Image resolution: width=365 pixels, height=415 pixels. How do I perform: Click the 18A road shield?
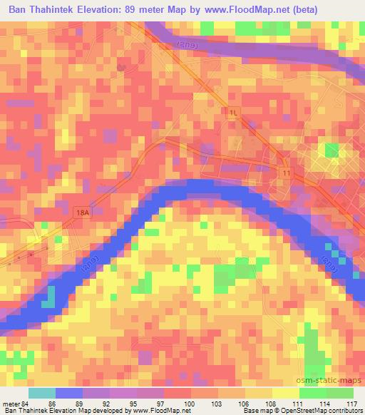[83, 212]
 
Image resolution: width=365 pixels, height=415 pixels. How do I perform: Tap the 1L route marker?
[233, 113]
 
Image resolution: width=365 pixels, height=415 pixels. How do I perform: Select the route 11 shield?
[285, 173]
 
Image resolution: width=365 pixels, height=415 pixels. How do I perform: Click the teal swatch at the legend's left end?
[42, 393]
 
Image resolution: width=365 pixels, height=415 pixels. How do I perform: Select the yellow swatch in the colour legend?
[284, 393]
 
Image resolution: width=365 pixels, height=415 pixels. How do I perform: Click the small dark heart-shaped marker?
[122, 67]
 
